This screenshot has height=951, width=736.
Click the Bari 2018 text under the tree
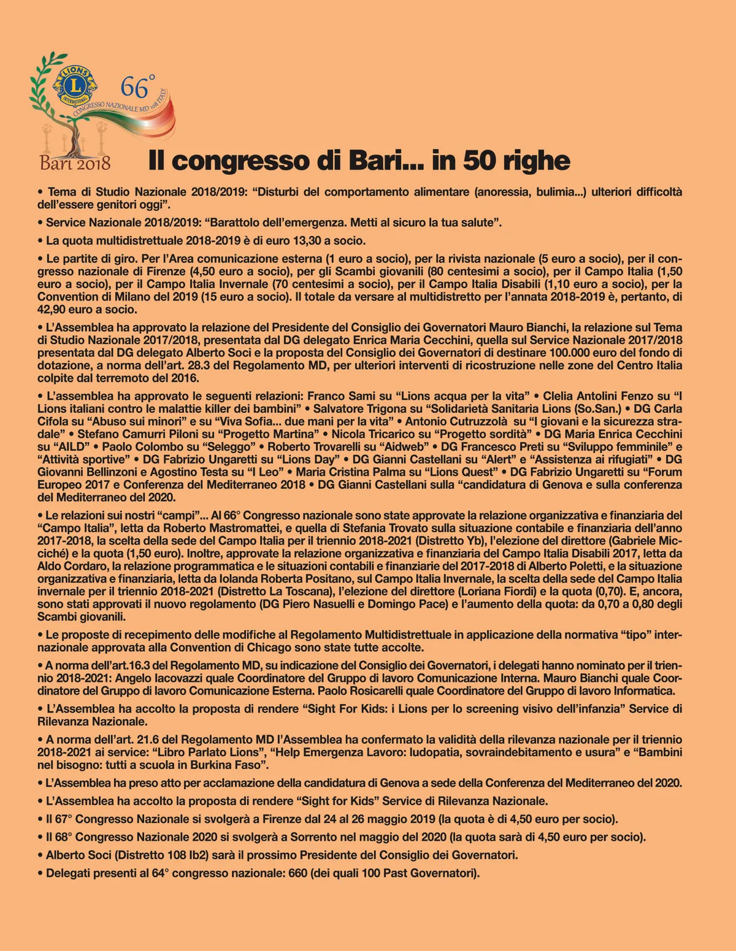(x=75, y=162)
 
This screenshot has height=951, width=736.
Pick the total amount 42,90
(x=55, y=310)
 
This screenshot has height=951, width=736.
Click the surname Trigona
(x=381, y=408)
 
